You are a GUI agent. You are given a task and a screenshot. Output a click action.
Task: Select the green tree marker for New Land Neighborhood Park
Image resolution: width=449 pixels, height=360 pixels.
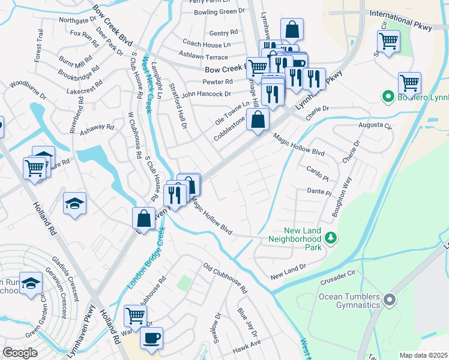click(330, 239)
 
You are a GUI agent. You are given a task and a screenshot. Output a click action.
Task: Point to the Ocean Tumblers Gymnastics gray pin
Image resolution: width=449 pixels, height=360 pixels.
click(390, 298)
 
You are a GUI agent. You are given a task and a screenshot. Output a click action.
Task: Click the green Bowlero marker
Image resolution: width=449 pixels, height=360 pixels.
click(388, 96)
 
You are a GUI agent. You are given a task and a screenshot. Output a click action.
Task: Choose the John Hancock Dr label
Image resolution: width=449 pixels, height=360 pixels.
click(206, 94)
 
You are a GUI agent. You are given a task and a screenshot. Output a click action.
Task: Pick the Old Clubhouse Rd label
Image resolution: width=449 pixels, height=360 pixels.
click(225, 278)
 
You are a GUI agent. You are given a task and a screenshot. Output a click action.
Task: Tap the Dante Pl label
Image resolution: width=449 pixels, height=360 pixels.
click(319, 192)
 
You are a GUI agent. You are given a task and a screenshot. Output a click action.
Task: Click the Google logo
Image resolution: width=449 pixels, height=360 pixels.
click(20, 352)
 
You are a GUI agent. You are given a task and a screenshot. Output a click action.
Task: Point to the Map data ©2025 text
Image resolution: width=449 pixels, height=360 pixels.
click(424, 355)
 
